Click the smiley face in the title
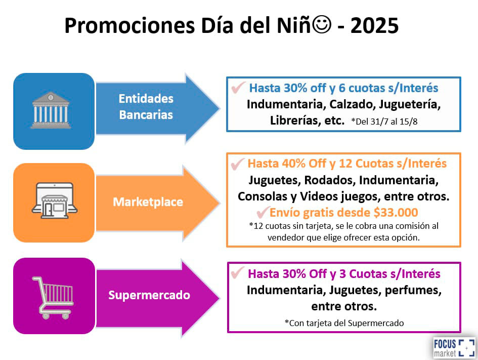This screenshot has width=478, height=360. (322, 25)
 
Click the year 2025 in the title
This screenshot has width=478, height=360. (374, 26)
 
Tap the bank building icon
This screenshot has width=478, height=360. (51, 110)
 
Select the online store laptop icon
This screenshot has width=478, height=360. (54, 201)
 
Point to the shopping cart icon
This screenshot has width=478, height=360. (53, 298)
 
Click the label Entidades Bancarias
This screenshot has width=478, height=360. (146, 107)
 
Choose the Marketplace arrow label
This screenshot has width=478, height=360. (148, 202)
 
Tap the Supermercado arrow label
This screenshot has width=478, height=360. (149, 295)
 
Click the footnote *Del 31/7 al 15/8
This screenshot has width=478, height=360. (384, 122)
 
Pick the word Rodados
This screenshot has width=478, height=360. (330, 180)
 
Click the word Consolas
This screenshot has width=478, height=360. (262, 196)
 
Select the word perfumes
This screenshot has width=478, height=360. (413, 291)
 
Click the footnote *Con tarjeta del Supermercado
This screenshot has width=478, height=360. (344, 323)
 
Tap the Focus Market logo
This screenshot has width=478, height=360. (454, 348)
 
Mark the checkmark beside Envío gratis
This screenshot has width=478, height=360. (263, 212)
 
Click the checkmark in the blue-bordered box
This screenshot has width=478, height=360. (238, 88)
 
